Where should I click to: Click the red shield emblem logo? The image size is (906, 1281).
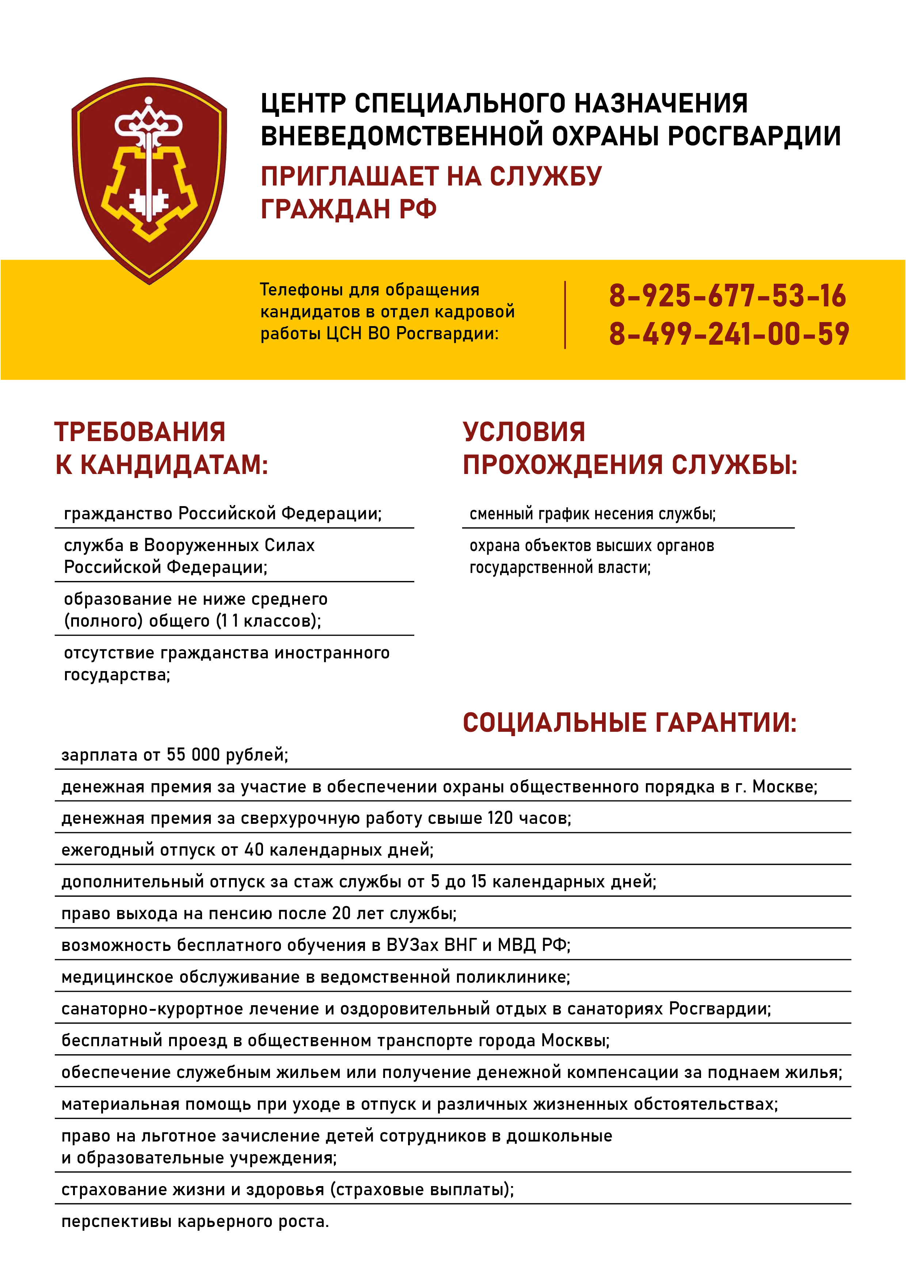(x=149, y=179)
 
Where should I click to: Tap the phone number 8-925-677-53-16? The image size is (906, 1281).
(x=727, y=296)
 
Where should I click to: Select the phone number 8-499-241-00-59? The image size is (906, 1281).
(x=728, y=334)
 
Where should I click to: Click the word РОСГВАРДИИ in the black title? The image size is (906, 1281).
(x=754, y=136)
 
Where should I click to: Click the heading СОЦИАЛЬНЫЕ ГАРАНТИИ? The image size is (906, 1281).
(x=629, y=723)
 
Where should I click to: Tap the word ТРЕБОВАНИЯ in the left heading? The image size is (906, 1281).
(x=140, y=432)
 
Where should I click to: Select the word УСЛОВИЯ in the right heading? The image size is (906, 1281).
(x=524, y=432)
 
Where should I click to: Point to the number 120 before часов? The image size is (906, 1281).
(x=500, y=818)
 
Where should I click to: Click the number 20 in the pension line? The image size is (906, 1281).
(x=341, y=913)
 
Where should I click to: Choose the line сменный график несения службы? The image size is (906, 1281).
(x=592, y=514)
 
